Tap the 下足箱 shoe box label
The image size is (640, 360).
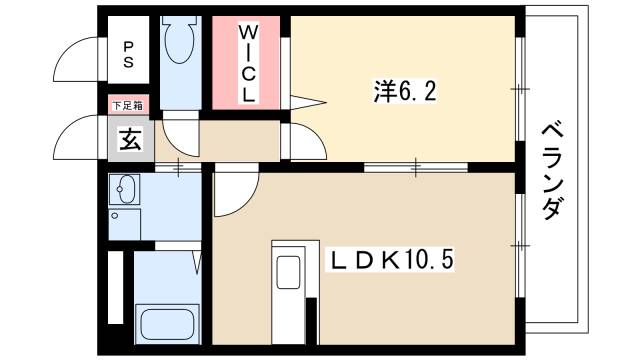(127, 104)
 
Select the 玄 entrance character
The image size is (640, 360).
(130, 139)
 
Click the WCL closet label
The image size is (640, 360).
(248, 63)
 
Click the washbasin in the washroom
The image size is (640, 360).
(127, 188)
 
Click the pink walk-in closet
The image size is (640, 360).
(248, 62)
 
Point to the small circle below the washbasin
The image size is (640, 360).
(116, 215)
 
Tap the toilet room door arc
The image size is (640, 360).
(180, 130)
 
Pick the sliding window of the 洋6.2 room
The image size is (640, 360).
(520, 90)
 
